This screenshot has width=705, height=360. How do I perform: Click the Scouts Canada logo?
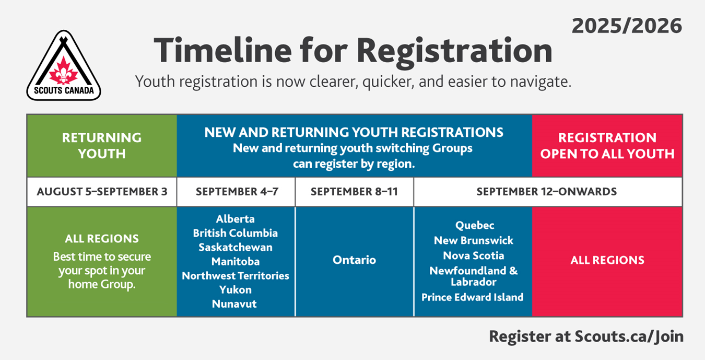[x=64, y=65]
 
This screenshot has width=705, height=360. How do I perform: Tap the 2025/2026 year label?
[x=627, y=26]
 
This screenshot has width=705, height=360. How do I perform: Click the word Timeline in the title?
[x=223, y=50]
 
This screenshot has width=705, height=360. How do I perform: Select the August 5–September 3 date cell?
[x=102, y=192]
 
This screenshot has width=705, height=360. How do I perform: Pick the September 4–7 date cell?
[x=237, y=192]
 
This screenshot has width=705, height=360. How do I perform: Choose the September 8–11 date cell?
[x=355, y=192]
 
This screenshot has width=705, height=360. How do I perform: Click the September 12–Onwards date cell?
[x=548, y=192]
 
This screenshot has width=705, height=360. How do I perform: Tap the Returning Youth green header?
[x=102, y=145]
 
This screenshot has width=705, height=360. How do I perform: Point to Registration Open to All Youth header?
[x=607, y=145]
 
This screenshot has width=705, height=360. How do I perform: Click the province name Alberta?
[x=236, y=219]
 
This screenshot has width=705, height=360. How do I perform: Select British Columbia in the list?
[x=236, y=233]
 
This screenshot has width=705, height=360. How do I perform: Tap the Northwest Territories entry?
[x=236, y=275]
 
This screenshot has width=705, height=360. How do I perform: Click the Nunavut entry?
[x=234, y=304]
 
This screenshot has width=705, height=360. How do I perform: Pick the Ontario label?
[x=355, y=260]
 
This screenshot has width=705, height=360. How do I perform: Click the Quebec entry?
[x=475, y=226]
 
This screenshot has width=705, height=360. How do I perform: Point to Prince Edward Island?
[x=473, y=297]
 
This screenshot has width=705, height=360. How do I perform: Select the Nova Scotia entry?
[x=474, y=256]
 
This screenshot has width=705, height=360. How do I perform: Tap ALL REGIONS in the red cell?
[x=607, y=260]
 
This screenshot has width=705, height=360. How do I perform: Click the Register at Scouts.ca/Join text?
[x=586, y=336]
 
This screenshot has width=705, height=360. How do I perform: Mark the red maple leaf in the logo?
[x=64, y=71]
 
